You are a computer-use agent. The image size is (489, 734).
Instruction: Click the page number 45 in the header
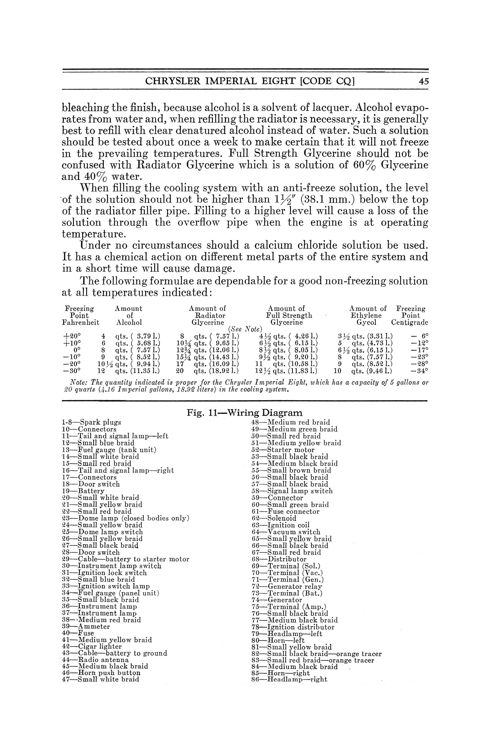424,82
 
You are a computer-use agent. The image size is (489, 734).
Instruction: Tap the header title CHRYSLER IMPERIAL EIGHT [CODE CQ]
250,82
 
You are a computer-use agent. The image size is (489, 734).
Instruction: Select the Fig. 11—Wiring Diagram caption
244,413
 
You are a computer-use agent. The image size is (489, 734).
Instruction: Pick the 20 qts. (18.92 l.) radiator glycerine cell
207,371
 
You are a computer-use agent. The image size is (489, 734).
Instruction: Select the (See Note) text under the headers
245,329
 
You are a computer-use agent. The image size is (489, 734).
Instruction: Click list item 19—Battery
83,491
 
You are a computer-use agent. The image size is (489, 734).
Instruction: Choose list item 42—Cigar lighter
92,646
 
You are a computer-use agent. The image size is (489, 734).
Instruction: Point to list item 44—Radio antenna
95,660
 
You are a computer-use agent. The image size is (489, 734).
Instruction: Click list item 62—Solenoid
274,518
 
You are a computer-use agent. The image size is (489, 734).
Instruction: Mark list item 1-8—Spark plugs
92,422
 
